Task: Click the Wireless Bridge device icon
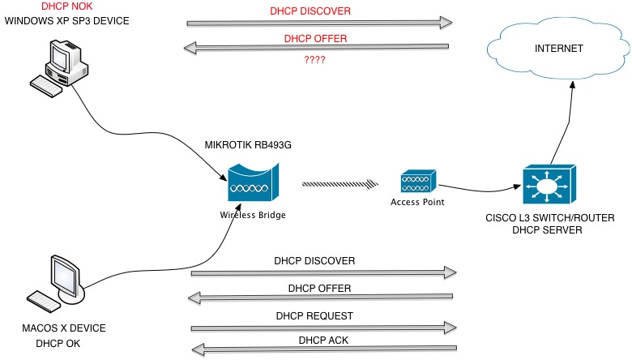[x=253, y=183]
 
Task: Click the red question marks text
[x=315, y=58]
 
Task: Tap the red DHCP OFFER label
[x=315, y=38]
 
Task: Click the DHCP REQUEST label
[x=314, y=315]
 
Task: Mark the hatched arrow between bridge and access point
[x=341, y=184]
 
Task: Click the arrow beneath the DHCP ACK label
[x=321, y=350]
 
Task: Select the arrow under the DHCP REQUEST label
[x=321, y=327]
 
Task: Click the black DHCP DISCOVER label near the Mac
[x=314, y=261]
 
